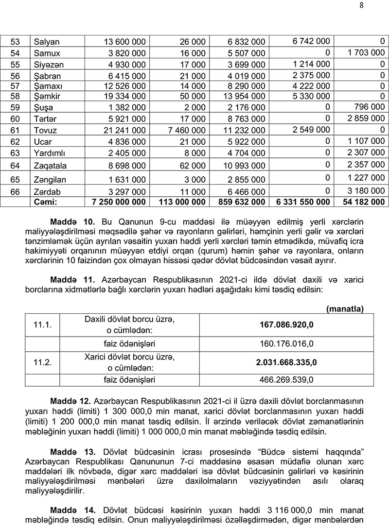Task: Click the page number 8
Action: [375, 5]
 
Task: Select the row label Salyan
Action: [46, 42]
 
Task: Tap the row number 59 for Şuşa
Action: [15, 107]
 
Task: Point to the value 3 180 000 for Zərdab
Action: [365, 191]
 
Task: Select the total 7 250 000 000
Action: [119, 202]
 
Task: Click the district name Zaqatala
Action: [50, 166]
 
